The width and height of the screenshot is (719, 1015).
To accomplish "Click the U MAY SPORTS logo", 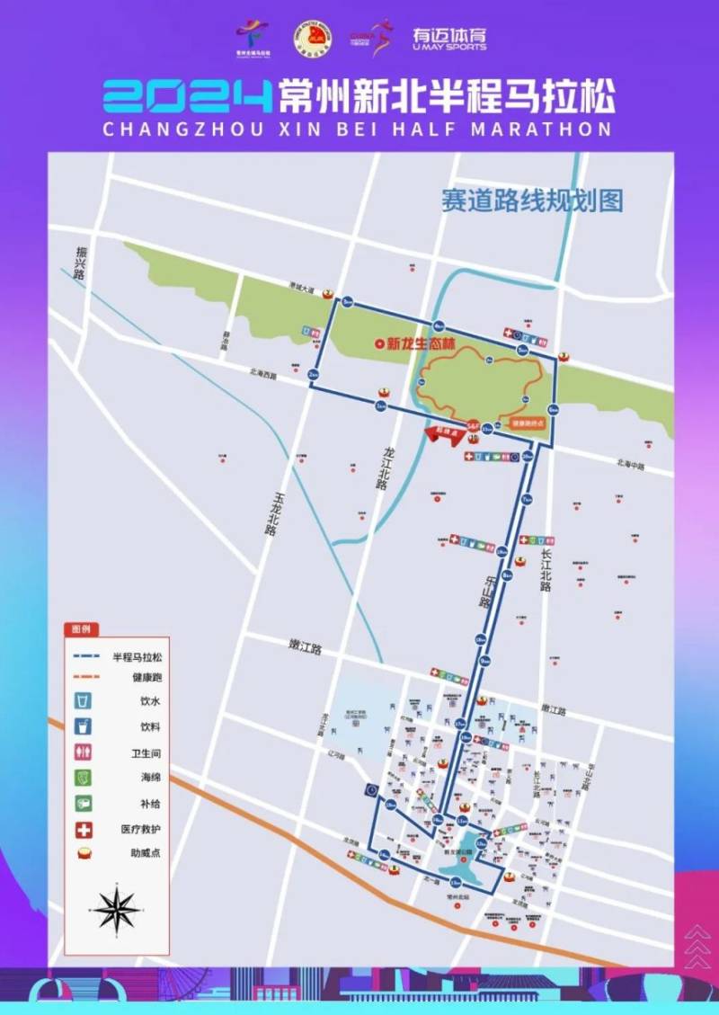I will [x=449, y=38].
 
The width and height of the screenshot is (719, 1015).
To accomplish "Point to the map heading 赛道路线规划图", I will [x=531, y=200].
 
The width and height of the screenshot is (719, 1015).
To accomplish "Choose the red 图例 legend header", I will [x=81, y=629].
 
